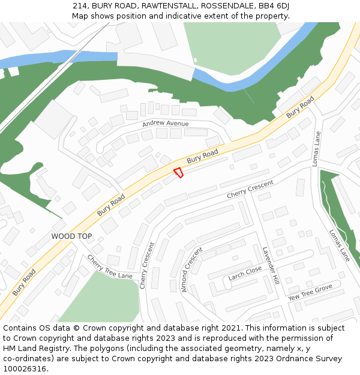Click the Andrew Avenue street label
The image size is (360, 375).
tap(165, 124)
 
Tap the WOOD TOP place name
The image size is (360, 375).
tap(71, 236)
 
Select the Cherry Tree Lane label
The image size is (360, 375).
tap(109, 267)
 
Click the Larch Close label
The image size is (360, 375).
tap(245, 274)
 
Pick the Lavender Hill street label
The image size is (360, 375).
tap(271, 265)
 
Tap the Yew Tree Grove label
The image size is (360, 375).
tap(310, 293)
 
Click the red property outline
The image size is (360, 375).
tap(178, 173)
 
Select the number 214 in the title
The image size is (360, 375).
tap(80, 5)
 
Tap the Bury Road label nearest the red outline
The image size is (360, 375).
tap(202, 157)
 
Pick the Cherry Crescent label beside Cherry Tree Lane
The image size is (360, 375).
tap(146, 266)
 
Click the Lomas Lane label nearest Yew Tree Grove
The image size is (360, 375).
tap(339, 245)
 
